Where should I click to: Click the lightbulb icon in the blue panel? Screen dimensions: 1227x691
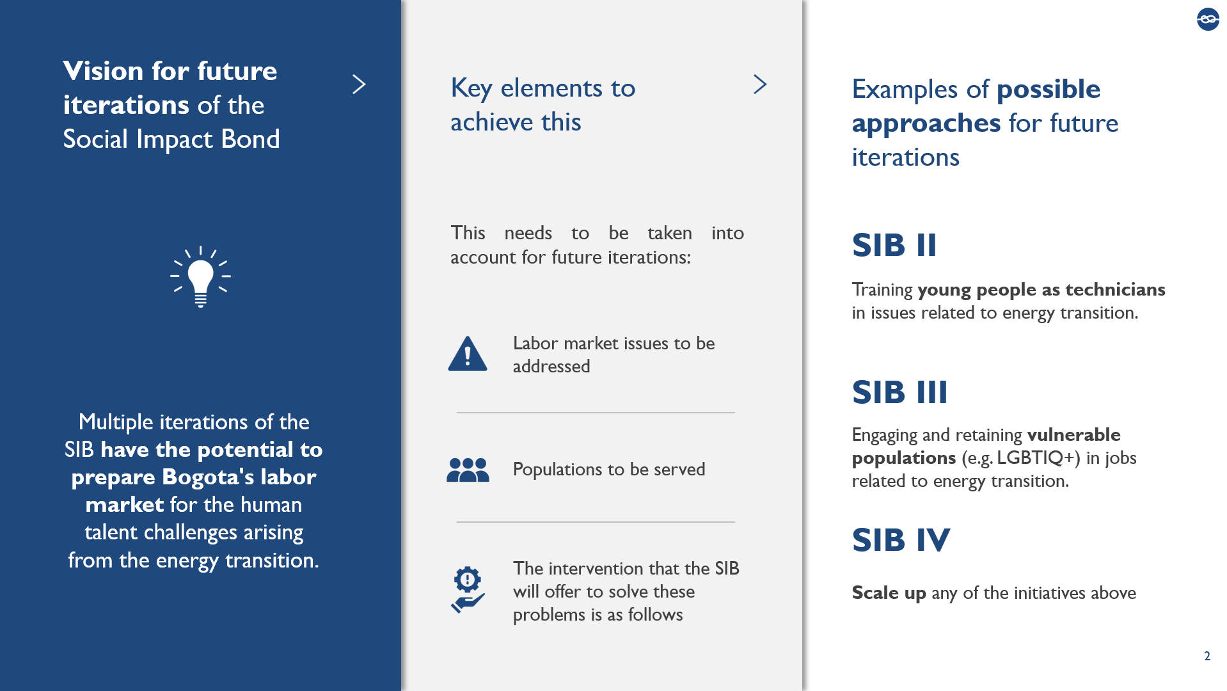click(x=200, y=277)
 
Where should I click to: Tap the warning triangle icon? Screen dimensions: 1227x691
click(x=468, y=354)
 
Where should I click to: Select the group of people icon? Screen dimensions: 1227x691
click(x=468, y=470)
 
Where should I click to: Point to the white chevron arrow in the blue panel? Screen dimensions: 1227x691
click(x=359, y=84)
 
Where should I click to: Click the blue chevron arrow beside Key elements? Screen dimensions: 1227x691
click(x=760, y=84)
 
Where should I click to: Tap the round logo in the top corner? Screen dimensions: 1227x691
click(x=1208, y=19)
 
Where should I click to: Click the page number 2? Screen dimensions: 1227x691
click(x=1207, y=656)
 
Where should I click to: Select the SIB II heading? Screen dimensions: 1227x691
click(x=894, y=245)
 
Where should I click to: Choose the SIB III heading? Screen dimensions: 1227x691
click(x=899, y=392)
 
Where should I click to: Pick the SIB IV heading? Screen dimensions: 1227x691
click(x=901, y=540)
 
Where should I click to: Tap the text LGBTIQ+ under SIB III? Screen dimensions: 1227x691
click(x=1038, y=458)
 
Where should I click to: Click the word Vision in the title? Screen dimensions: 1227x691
click(x=103, y=71)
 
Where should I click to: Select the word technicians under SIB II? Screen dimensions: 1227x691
click(x=1116, y=290)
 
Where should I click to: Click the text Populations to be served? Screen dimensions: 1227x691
click(x=609, y=470)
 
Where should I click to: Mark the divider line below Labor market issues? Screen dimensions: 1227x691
click(x=596, y=413)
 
